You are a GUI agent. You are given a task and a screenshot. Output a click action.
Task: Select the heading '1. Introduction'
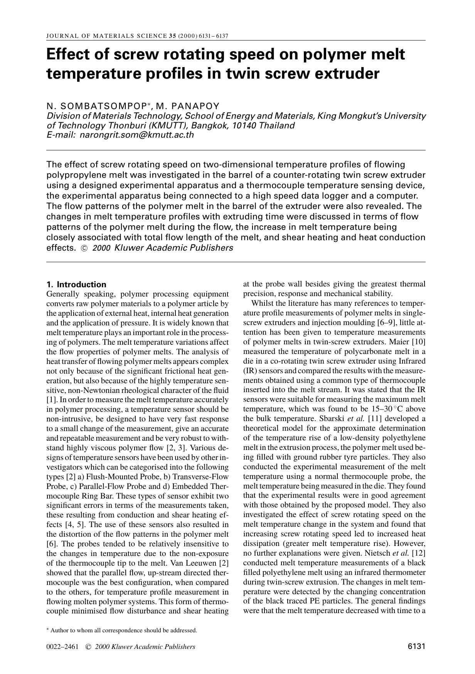76,285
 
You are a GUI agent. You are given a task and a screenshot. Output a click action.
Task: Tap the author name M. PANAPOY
187,106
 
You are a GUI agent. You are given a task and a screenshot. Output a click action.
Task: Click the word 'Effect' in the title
68,54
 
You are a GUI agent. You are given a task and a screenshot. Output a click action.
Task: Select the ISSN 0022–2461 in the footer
62,647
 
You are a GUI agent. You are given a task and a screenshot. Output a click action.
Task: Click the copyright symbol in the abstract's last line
84,248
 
